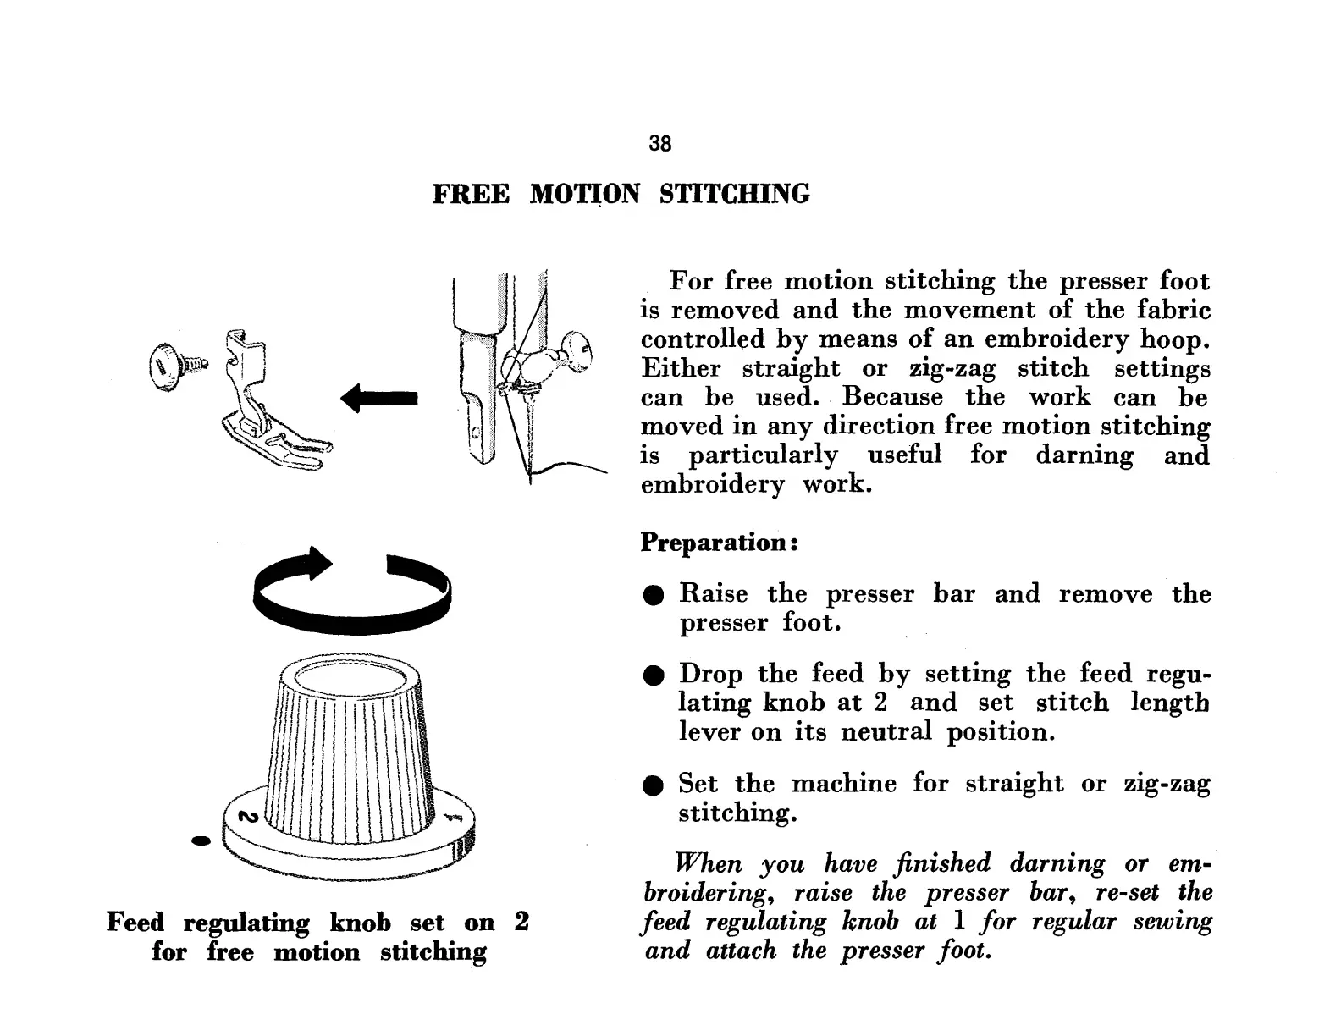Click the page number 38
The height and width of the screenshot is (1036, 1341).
659,144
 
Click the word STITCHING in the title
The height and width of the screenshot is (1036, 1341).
734,195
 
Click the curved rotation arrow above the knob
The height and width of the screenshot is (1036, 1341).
352,589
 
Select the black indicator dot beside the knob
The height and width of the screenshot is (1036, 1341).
201,841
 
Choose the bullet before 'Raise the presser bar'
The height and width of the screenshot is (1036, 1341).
651,596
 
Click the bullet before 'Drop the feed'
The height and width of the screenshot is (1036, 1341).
651,676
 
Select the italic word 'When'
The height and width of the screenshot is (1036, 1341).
708,864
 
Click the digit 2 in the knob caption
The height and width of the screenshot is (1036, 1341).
521,922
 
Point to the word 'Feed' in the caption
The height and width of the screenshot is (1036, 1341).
135,923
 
